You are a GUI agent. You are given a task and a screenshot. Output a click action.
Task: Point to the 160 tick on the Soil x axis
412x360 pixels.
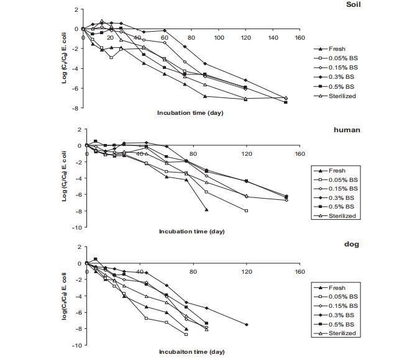[300, 38]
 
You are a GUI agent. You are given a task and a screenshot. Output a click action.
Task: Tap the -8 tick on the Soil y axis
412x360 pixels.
[75, 108]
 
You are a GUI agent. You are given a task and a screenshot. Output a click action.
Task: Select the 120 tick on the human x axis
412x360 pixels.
[247, 153]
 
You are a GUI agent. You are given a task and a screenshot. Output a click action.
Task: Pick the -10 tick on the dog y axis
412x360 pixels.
[77, 344]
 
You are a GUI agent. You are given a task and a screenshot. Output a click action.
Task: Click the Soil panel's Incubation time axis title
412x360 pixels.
[190, 113]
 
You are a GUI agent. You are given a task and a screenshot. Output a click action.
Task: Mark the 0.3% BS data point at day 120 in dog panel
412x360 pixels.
[247, 325]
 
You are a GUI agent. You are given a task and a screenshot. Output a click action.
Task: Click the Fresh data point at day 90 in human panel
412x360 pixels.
[206, 210]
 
